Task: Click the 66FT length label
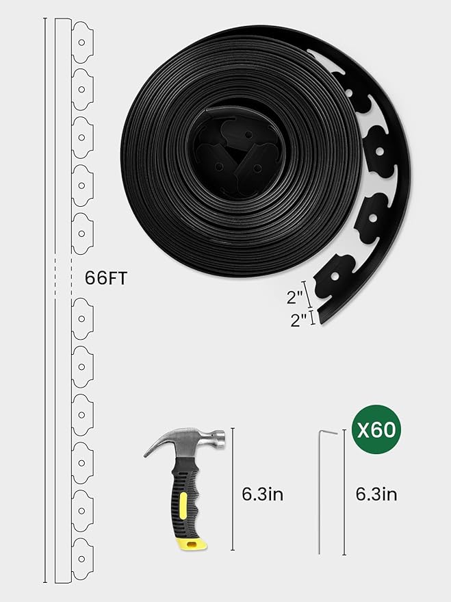pyautogui.click(x=106, y=279)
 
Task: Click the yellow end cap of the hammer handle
pyautogui.click(x=192, y=544)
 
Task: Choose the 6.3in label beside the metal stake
pyautogui.click(x=376, y=493)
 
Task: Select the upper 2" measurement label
pyautogui.click(x=296, y=297)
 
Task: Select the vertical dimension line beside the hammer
pyautogui.click(x=233, y=489)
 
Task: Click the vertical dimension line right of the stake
pyautogui.click(x=344, y=492)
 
